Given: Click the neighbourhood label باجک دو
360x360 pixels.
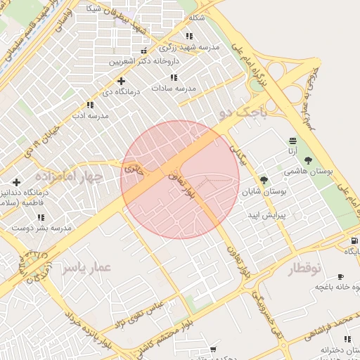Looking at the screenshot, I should click(x=243, y=110).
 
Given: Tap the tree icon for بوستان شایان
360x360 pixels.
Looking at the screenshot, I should click(x=264, y=181).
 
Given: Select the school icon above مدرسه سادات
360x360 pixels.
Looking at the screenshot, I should click(x=174, y=77).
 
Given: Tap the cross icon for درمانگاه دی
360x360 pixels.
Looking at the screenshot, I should click(x=122, y=82).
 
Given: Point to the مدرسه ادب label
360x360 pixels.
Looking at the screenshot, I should click(x=90, y=115).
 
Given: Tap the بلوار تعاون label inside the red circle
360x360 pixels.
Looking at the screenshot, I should click(x=179, y=184).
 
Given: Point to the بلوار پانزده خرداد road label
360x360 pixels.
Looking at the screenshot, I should click(x=89, y=329).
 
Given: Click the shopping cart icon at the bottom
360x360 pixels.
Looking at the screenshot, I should click(x=213, y=349).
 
